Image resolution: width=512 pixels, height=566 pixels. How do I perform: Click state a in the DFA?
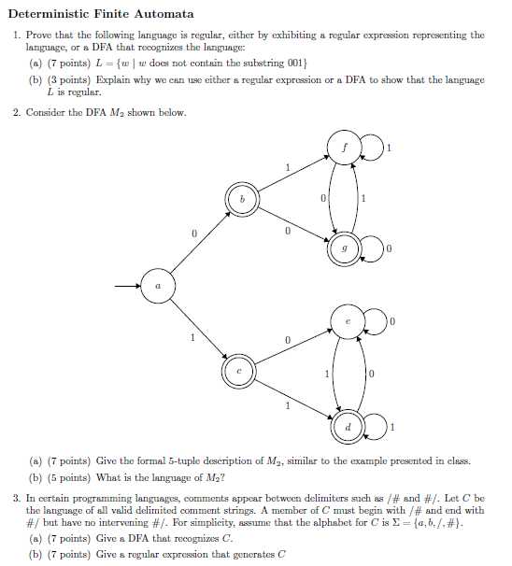click(x=158, y=286)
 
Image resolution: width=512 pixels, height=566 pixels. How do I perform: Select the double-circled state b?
click(x=241, y=199)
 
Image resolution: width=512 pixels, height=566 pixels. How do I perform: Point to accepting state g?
click(x=344, y=248)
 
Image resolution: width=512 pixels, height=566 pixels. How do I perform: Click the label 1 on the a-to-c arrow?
click(x=192, y=338)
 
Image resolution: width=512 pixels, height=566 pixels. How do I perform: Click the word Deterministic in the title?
click(x=53, y=14)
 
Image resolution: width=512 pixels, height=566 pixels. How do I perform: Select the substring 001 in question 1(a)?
click(x=294, y=63)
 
